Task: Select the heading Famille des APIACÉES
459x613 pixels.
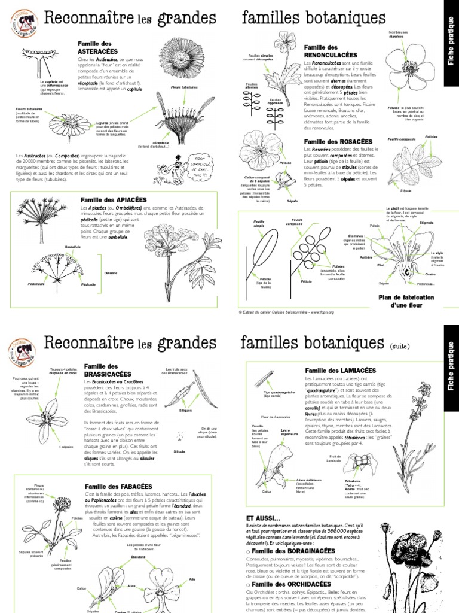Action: (x=114, y=199)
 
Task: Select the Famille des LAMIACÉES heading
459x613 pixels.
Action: (x=336, y=371)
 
